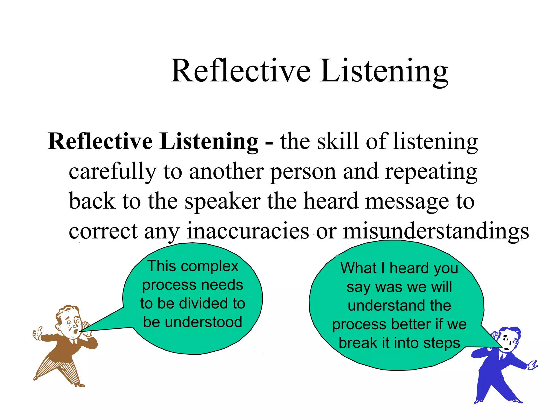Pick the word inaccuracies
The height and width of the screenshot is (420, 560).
(248, 231)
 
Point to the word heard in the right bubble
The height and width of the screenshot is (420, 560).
(409, 268)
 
